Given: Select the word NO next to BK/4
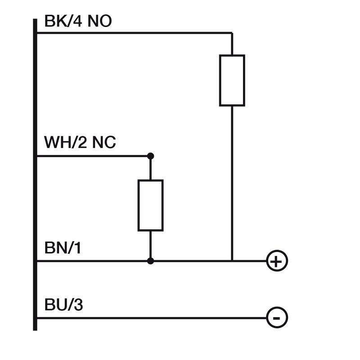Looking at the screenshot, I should (x=99, y=21).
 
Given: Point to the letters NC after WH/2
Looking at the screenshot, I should (x=104, y=143).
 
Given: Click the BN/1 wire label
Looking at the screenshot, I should (x=63, y=247).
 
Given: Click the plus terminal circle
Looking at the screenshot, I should (x=277, y=261).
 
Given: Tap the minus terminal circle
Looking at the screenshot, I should (x=277, y=318).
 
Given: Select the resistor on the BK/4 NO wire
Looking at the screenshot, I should (x=232, y=81).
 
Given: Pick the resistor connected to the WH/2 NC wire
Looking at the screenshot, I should (x=150, y=205).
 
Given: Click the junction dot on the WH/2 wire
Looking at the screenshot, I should (x=150, y=156).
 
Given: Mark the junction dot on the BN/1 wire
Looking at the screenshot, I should (x=150, y=261).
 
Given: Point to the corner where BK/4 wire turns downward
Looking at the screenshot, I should (x=232, y=33).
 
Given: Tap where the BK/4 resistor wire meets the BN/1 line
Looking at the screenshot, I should (x=232, y=261).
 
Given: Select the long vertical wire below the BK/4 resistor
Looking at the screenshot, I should (x=232, y=180).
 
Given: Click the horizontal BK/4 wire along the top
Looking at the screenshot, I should (x=135, y=33).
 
